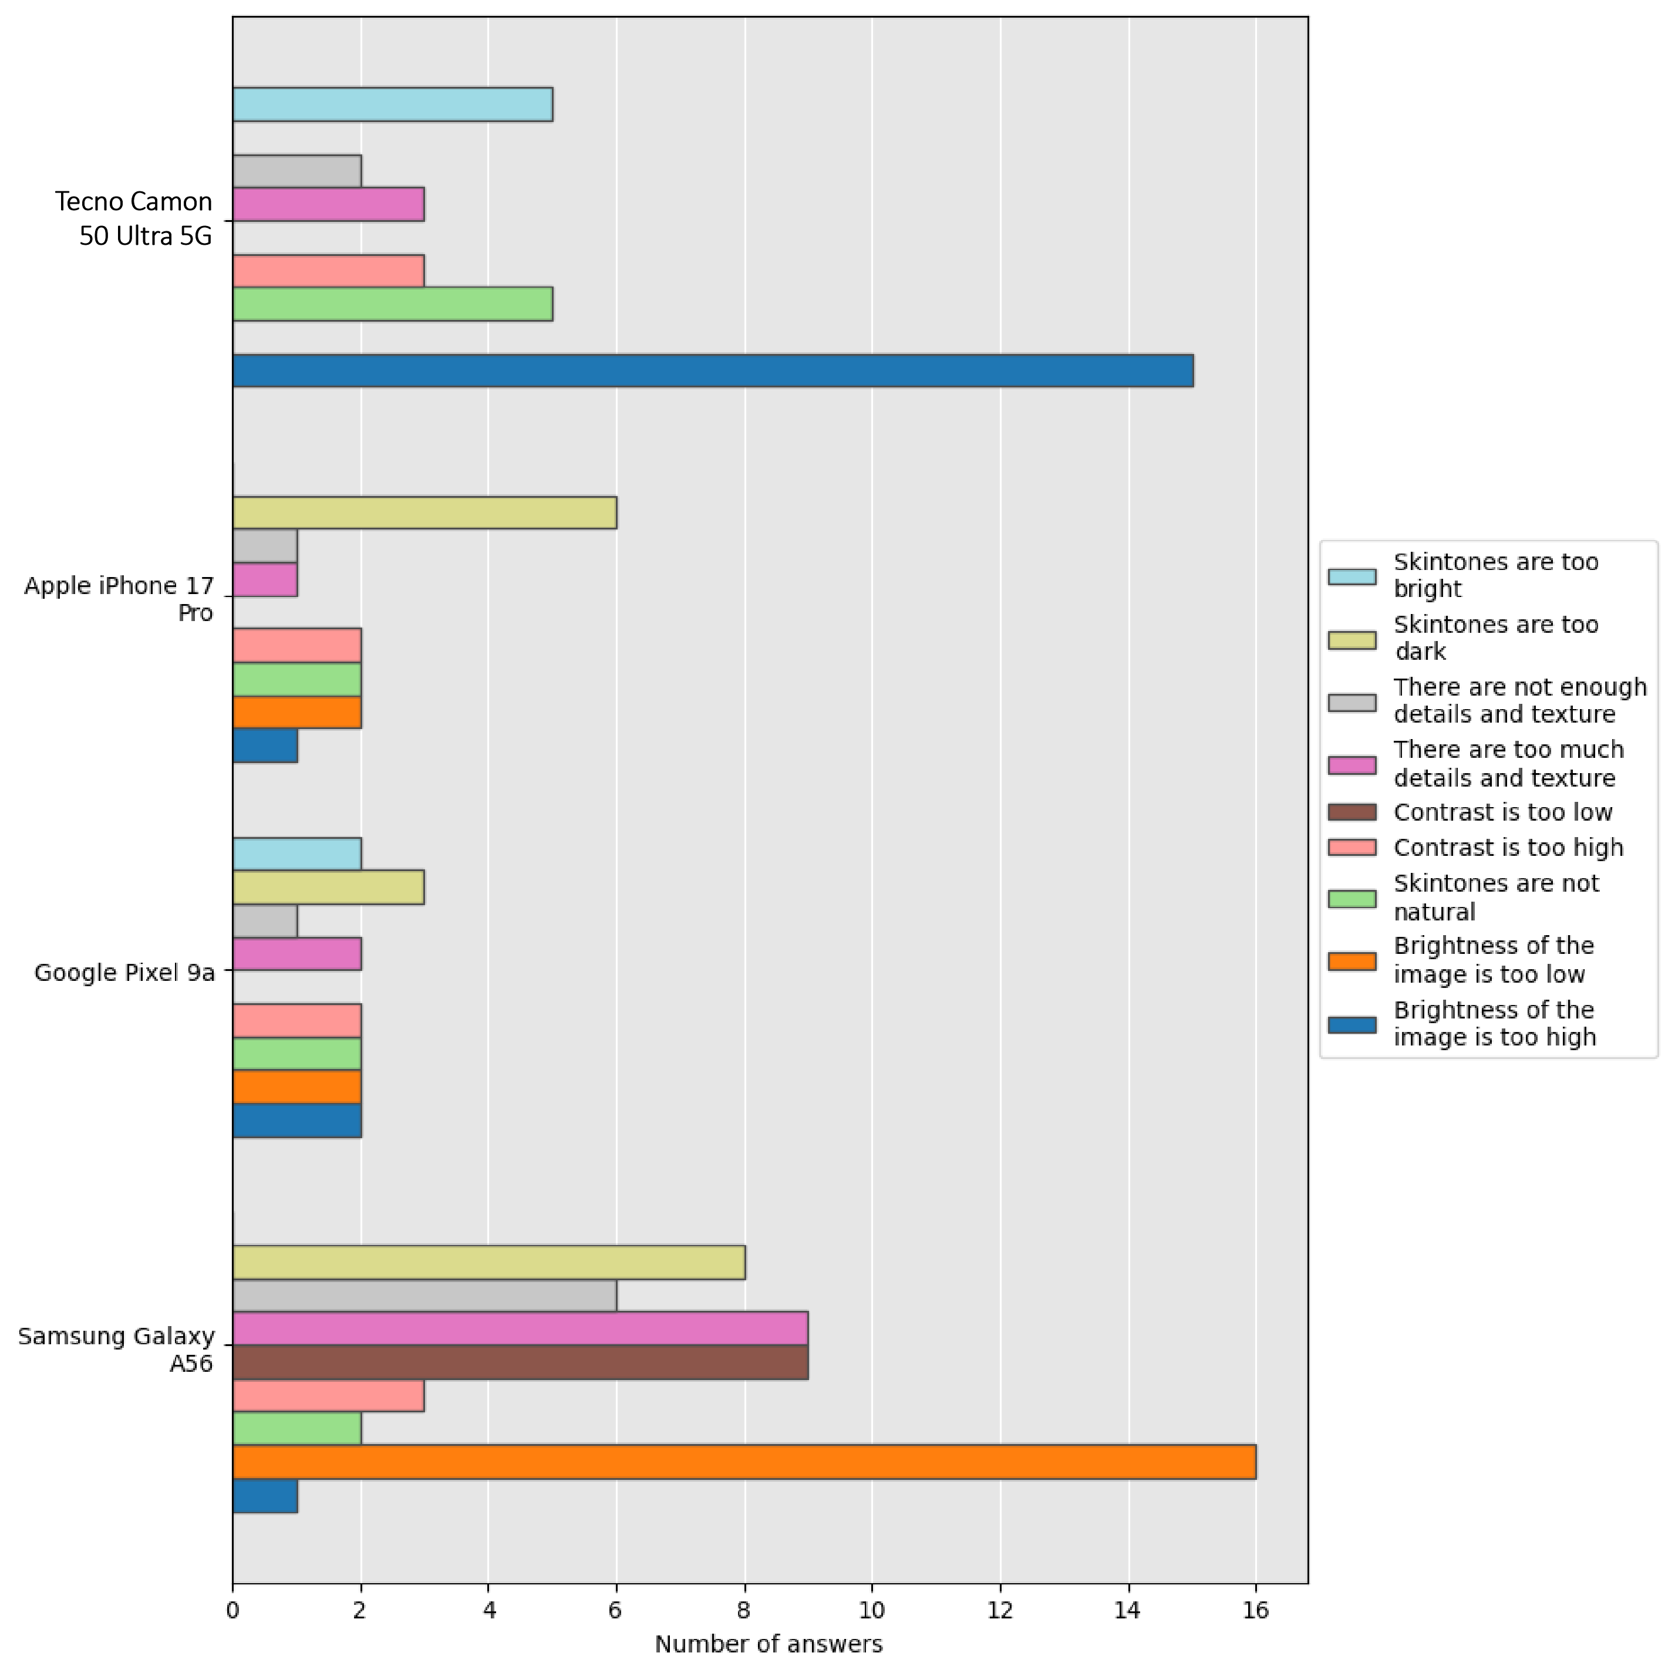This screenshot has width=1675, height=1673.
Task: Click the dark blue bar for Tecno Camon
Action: point(713,370)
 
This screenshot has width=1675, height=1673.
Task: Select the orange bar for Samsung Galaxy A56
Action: point(744,1462)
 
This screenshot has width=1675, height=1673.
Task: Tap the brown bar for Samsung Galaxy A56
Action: point(520,1362)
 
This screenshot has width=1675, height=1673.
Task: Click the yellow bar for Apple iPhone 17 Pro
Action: point(424,512)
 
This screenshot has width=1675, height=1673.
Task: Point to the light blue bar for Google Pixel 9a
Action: point(296,854)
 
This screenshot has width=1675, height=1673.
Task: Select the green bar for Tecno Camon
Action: point(392,304)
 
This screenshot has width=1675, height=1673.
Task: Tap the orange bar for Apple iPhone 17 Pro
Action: point(296,711)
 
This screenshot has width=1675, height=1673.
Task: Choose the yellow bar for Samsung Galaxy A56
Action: point(488,1262)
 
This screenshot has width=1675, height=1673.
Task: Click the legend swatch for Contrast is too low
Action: point(1352,812)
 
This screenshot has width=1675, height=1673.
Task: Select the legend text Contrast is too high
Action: point(1508,847)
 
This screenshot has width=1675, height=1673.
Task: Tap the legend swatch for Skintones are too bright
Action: point(1352,576)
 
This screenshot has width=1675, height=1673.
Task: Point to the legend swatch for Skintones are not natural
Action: point(1352,898)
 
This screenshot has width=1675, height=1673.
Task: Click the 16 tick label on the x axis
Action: point(1255,1611)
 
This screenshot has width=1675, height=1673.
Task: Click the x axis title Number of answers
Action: point(768,1644)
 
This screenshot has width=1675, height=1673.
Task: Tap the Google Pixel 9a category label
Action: point(124,973)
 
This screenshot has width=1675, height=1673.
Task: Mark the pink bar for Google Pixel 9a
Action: point(296,953)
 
